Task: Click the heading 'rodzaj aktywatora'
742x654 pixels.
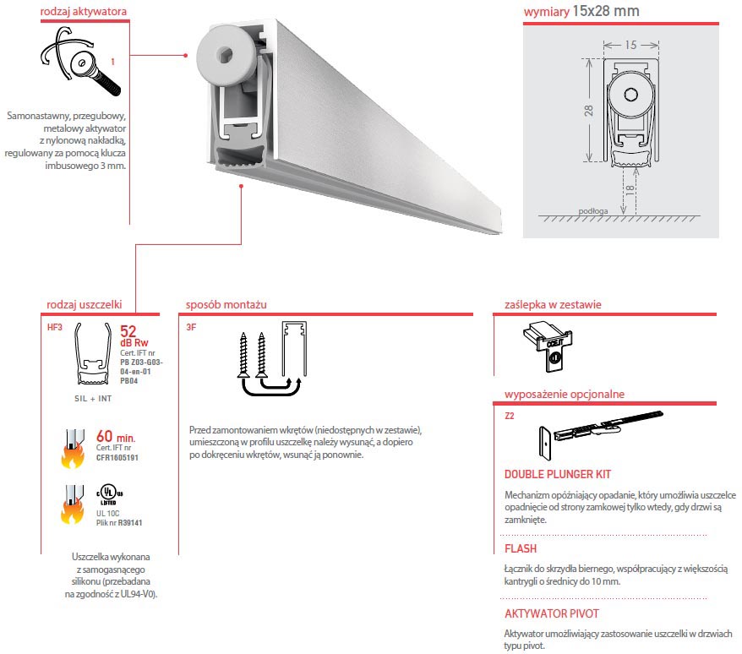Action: pyautogui.click(x=84, y=13)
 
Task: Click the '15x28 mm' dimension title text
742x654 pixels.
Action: pyautogui.click(x=605, y=11)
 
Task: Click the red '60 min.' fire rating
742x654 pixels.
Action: pyautogui.click(x=125, y=437)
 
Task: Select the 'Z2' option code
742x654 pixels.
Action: pyautogui.click(x=509, y=415)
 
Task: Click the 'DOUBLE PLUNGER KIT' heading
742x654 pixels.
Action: pyautogui.click(x=558, y=475)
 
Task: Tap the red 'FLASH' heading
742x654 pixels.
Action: pyautogui.click(x=521, y=549)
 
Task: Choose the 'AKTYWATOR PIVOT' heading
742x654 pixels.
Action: pyautogui.click(x=551, y=614)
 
